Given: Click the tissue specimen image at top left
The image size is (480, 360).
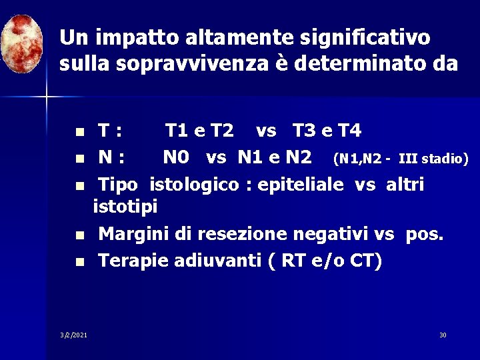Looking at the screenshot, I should [x=23, y=43].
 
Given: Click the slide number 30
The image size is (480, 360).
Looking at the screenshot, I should [x=443, y=334].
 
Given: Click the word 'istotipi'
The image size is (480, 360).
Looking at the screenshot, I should [x=125, y=207].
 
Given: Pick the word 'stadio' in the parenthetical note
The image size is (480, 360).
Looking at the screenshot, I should [x=443, y=159].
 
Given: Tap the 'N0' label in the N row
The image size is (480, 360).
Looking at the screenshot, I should [x=176, y=157].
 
